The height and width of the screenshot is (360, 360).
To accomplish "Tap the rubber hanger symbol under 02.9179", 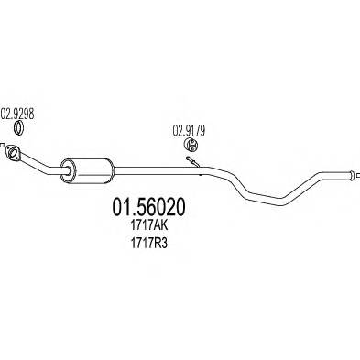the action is (192, 146).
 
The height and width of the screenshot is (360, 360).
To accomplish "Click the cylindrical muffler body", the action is (87, 169).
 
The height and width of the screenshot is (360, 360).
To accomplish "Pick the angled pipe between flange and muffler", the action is (40, 163).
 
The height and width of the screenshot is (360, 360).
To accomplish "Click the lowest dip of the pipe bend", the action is (266, 202).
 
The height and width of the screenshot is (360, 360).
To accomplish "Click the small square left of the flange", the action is (5, 147).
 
